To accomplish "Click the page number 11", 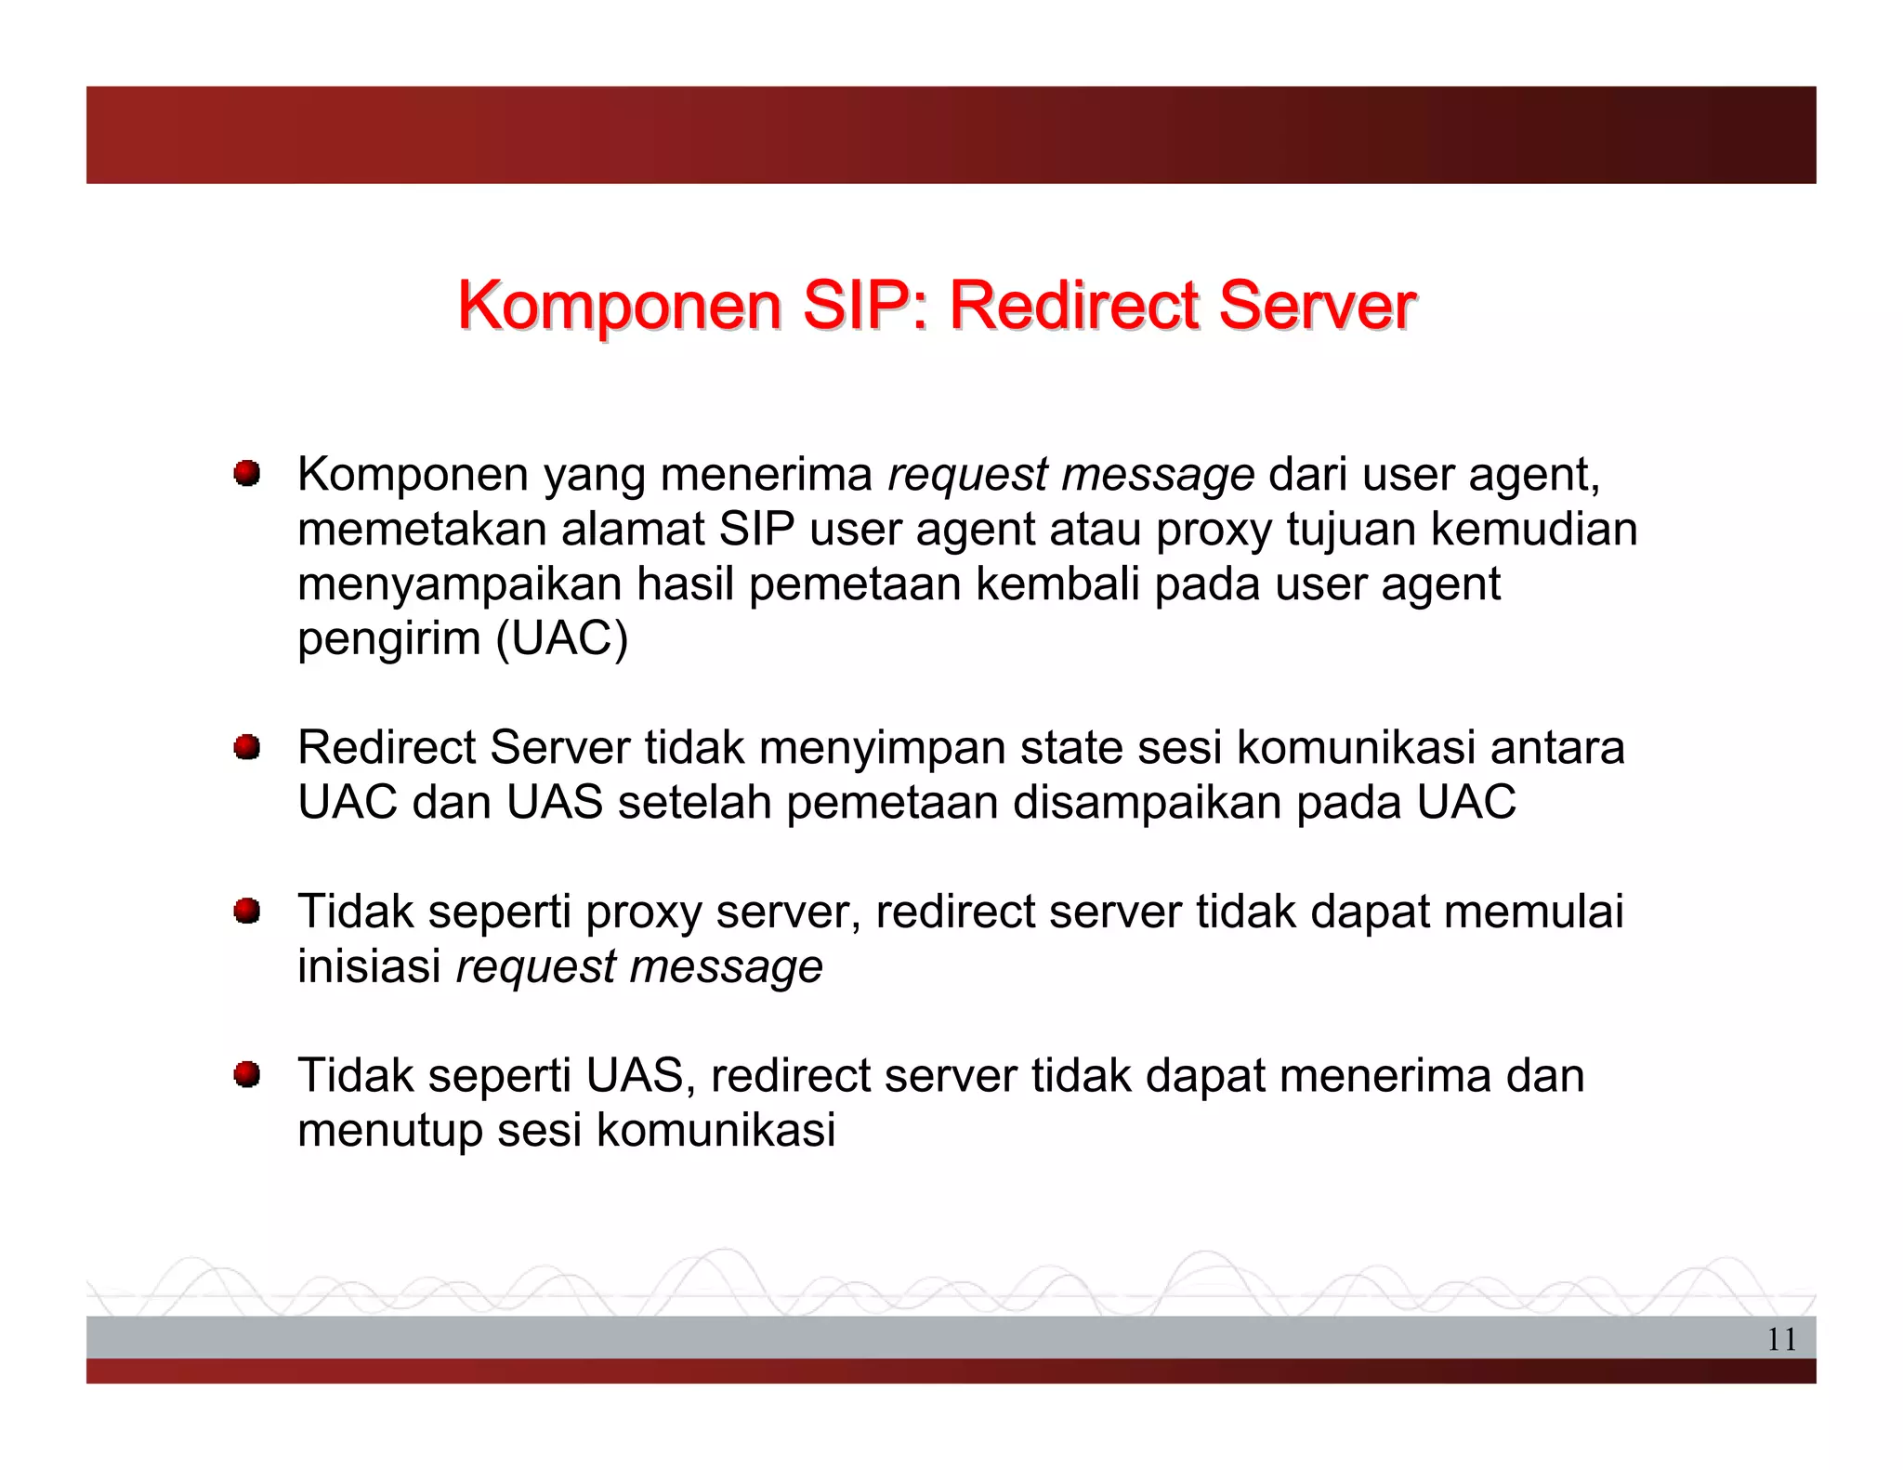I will coord(1780,1339).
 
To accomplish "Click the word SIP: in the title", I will coord(865,306).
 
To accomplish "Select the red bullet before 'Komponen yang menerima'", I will coord(246,474).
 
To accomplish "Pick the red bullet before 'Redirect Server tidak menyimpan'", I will coord(246,747).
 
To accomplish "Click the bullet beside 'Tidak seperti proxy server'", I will coord(246,912).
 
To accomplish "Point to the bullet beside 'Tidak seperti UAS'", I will coord(246,1075).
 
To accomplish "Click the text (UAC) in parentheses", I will coord(562,639).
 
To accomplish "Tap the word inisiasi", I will coord(369,966).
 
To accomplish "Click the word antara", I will coord(1557,748).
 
